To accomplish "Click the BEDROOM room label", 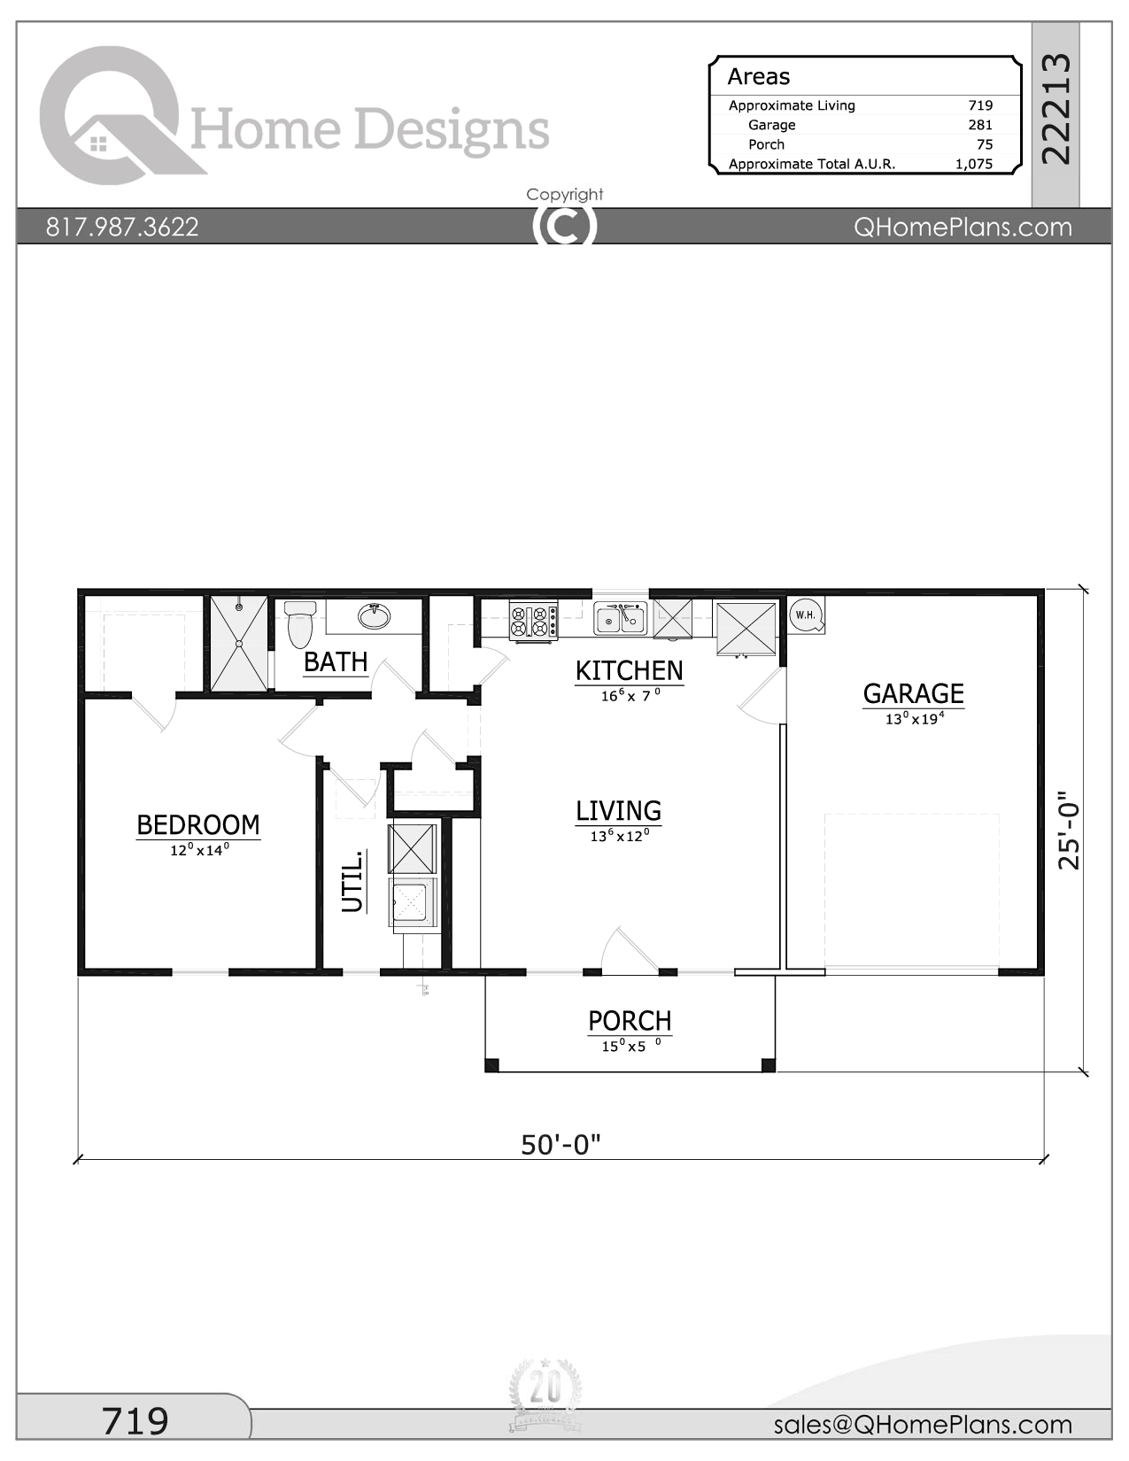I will (x=198, y=825).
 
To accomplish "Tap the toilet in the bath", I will (x=300, y=623).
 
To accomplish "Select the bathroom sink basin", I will (x=375, y=616).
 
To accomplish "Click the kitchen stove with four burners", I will (x=533, y=621).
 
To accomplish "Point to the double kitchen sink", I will (x=620, y=618).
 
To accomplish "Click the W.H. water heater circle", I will (x=805, y=615).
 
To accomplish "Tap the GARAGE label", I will (x=913, y=693).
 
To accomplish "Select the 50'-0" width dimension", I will (x=561, y=1145).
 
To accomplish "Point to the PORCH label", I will (x=630, y=1021).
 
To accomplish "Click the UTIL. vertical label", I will (x=353, y=881).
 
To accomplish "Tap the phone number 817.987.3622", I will (x=122, y=227).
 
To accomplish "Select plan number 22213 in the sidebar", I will (x=1056, y=108).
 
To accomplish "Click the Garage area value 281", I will (x=979, y=125).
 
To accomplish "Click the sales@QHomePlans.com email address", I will (x=922, y=1425).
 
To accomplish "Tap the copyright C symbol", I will (x=564, y=226).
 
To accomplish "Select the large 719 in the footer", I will (x=135, y=1421).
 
